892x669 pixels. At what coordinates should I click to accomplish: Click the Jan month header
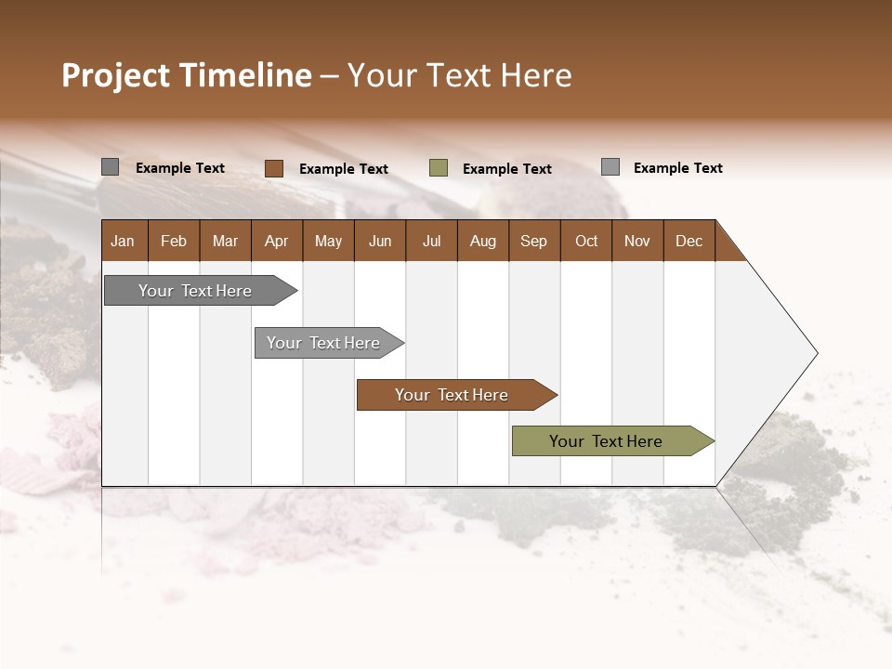click(x=124, y=241)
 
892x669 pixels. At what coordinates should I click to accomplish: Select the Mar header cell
click(x=225, y=241)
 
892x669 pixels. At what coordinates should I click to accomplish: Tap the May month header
click(x=328, y=241)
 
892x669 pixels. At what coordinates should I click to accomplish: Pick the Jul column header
click(x=431, y=241)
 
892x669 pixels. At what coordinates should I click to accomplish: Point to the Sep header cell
click(x=533, y=241)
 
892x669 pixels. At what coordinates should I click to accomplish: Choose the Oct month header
click(x=586, y=241)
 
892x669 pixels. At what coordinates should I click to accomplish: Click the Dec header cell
click(x=689, y=241)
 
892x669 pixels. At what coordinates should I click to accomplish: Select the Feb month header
click(x=174, y=241)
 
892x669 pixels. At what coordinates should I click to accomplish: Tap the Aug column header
click(x=482, y=241)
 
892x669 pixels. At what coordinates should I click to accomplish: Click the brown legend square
click(x=273, y=168)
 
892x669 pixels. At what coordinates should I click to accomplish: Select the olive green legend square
click(x=439, y=168)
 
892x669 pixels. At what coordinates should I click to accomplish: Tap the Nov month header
click(x=637, y=241)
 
